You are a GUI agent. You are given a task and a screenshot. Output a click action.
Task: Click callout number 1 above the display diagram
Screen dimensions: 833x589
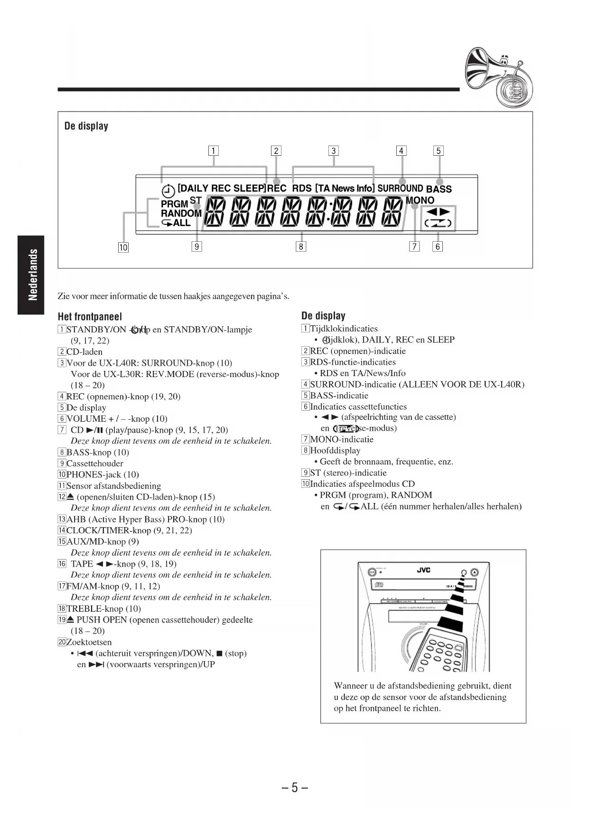pos(214,151)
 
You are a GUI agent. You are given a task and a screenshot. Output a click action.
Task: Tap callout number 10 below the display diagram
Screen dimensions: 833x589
pos(123,247)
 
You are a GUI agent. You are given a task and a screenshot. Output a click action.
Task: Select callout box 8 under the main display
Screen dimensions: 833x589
pos(300,246)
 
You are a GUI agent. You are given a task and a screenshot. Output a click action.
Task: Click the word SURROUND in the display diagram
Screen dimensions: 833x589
pos(400,189)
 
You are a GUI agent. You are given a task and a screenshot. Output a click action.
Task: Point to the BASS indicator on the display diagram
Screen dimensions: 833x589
pos(439,189)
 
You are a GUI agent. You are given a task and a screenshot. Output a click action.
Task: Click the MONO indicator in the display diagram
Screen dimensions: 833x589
pos(420,200)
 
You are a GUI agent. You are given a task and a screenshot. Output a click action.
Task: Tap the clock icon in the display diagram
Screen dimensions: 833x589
pos(168,190)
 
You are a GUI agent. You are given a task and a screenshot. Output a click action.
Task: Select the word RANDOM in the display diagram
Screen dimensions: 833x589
pos(181,214)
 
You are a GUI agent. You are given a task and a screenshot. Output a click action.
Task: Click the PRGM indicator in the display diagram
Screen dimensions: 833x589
pos(174,204)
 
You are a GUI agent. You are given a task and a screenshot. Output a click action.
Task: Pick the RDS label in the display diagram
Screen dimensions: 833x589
pos(302,189)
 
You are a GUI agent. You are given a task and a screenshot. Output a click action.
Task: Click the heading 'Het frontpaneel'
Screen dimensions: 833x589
pos(90,317)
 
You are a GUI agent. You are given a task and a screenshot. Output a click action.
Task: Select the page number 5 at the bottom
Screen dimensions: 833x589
pos(294,788)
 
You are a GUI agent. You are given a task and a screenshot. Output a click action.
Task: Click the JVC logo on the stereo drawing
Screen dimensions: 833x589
pos(423,570)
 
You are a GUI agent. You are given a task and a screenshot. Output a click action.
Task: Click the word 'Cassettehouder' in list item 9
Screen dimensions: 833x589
pos(95,464)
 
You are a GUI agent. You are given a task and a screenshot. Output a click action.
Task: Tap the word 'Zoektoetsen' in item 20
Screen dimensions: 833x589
pos(89,642)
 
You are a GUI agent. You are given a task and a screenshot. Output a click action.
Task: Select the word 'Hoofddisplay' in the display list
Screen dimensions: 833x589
pos(335,451)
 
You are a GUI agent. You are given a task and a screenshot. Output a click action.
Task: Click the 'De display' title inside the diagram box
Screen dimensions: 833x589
pos(86,126)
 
